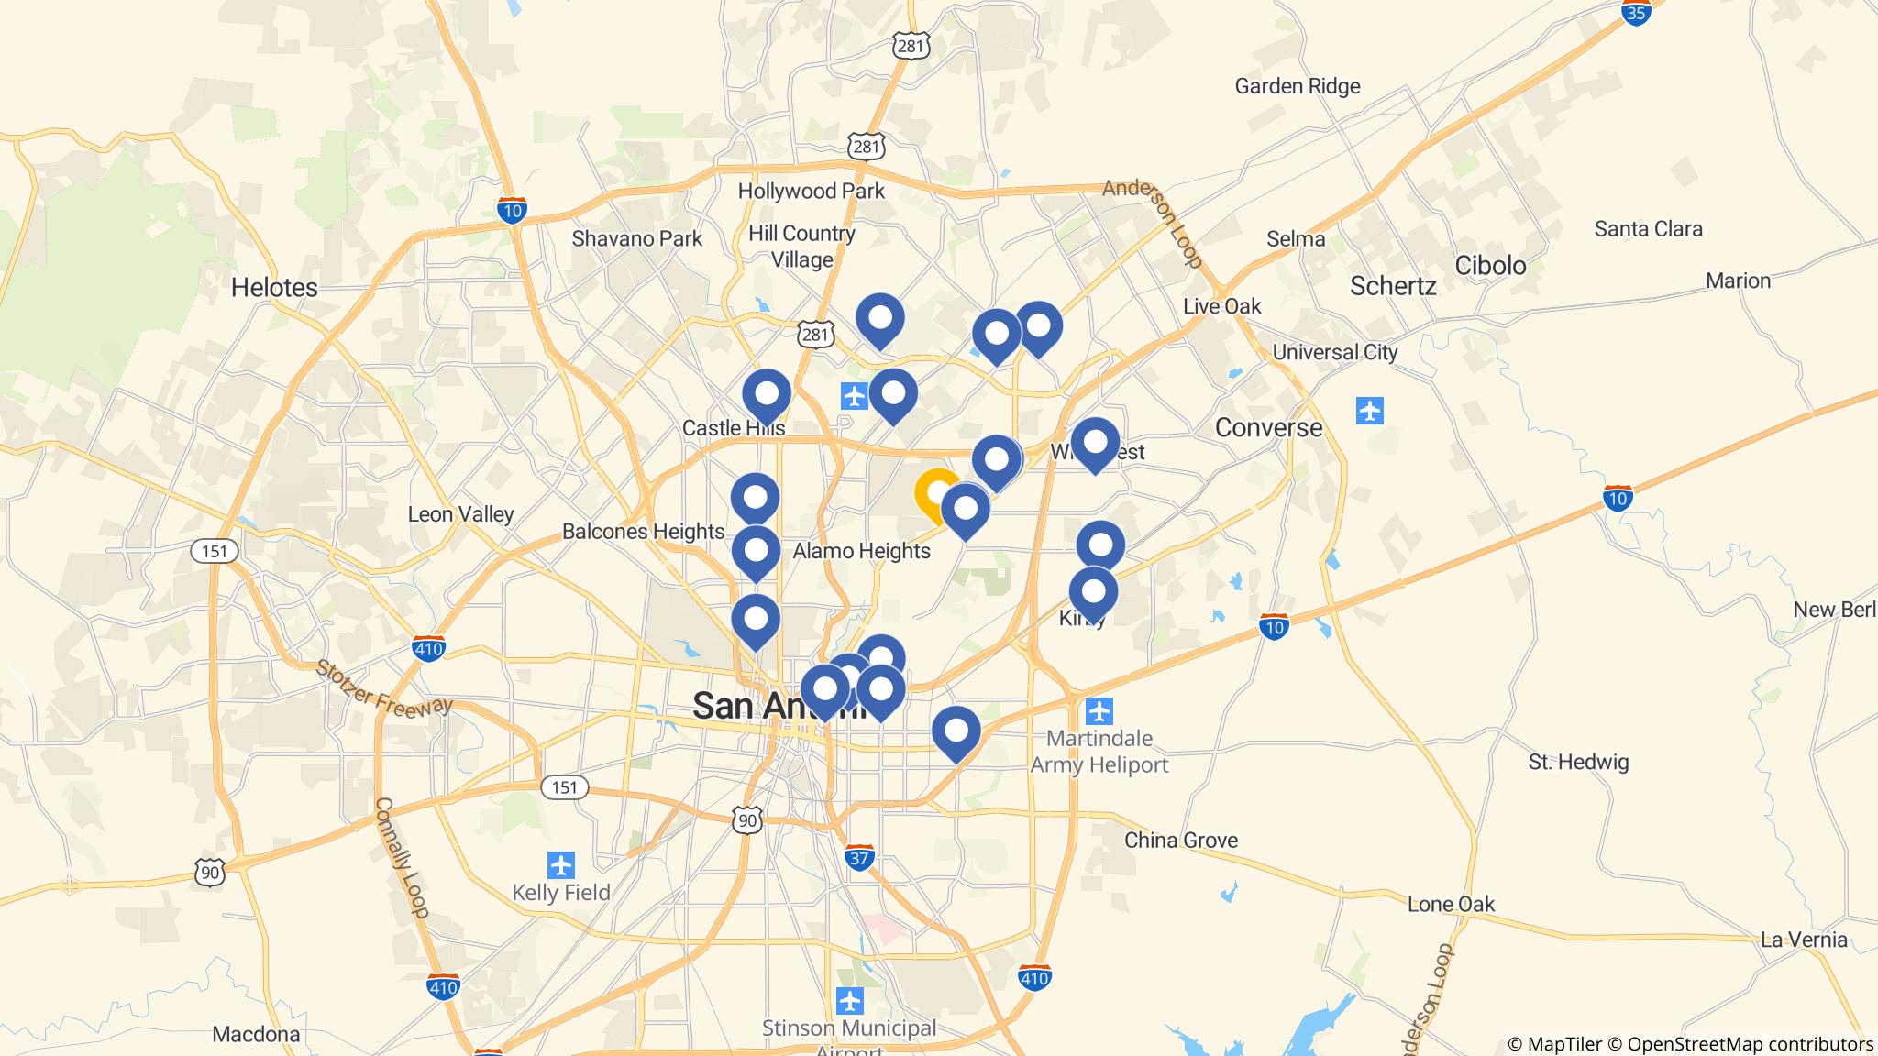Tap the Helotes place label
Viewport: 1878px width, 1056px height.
point(274,287)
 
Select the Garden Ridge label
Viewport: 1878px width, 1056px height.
point(1297,86)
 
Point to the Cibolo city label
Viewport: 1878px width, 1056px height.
point(1490,266)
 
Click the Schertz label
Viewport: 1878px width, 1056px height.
point(1392,286)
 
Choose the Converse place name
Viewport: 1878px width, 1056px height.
point(1268,427)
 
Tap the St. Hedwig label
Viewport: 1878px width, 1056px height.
point(1578,762)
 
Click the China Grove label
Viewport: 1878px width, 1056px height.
point(1180,840)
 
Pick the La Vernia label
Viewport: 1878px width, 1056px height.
point(1804,939)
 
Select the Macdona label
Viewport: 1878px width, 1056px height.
point(256,1034)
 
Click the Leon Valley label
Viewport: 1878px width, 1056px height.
point(460,514)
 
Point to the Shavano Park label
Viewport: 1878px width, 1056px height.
point(636,238)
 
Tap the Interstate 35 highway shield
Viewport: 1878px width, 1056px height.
point(1635,12)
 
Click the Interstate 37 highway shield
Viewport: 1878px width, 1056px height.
point(859,858)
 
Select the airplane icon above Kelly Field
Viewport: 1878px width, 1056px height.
point(560,864)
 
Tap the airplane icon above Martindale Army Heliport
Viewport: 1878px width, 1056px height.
point(1098,710)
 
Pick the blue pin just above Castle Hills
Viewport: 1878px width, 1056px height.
point(766,395)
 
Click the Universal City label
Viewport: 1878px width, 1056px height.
point(1334,352)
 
